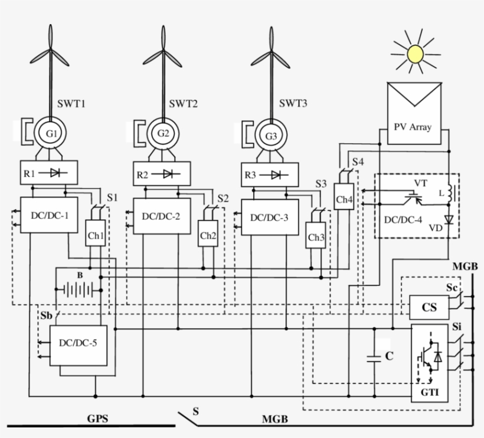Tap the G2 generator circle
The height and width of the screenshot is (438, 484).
tap(163, 134)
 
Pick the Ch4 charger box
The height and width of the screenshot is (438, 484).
tap(344, 199)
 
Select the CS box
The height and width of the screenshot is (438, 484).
tap(429, 307)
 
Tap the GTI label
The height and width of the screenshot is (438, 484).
tap(429, 392)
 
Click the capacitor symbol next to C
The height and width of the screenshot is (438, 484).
tap(374, 358)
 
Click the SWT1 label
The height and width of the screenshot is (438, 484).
tap(72, 104)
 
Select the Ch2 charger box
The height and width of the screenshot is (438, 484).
tap(207, 235)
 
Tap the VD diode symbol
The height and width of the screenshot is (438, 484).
tap(448, 220)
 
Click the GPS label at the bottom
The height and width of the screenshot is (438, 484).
tap(98, 419)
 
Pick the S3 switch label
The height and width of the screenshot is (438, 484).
tap(321, 184)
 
